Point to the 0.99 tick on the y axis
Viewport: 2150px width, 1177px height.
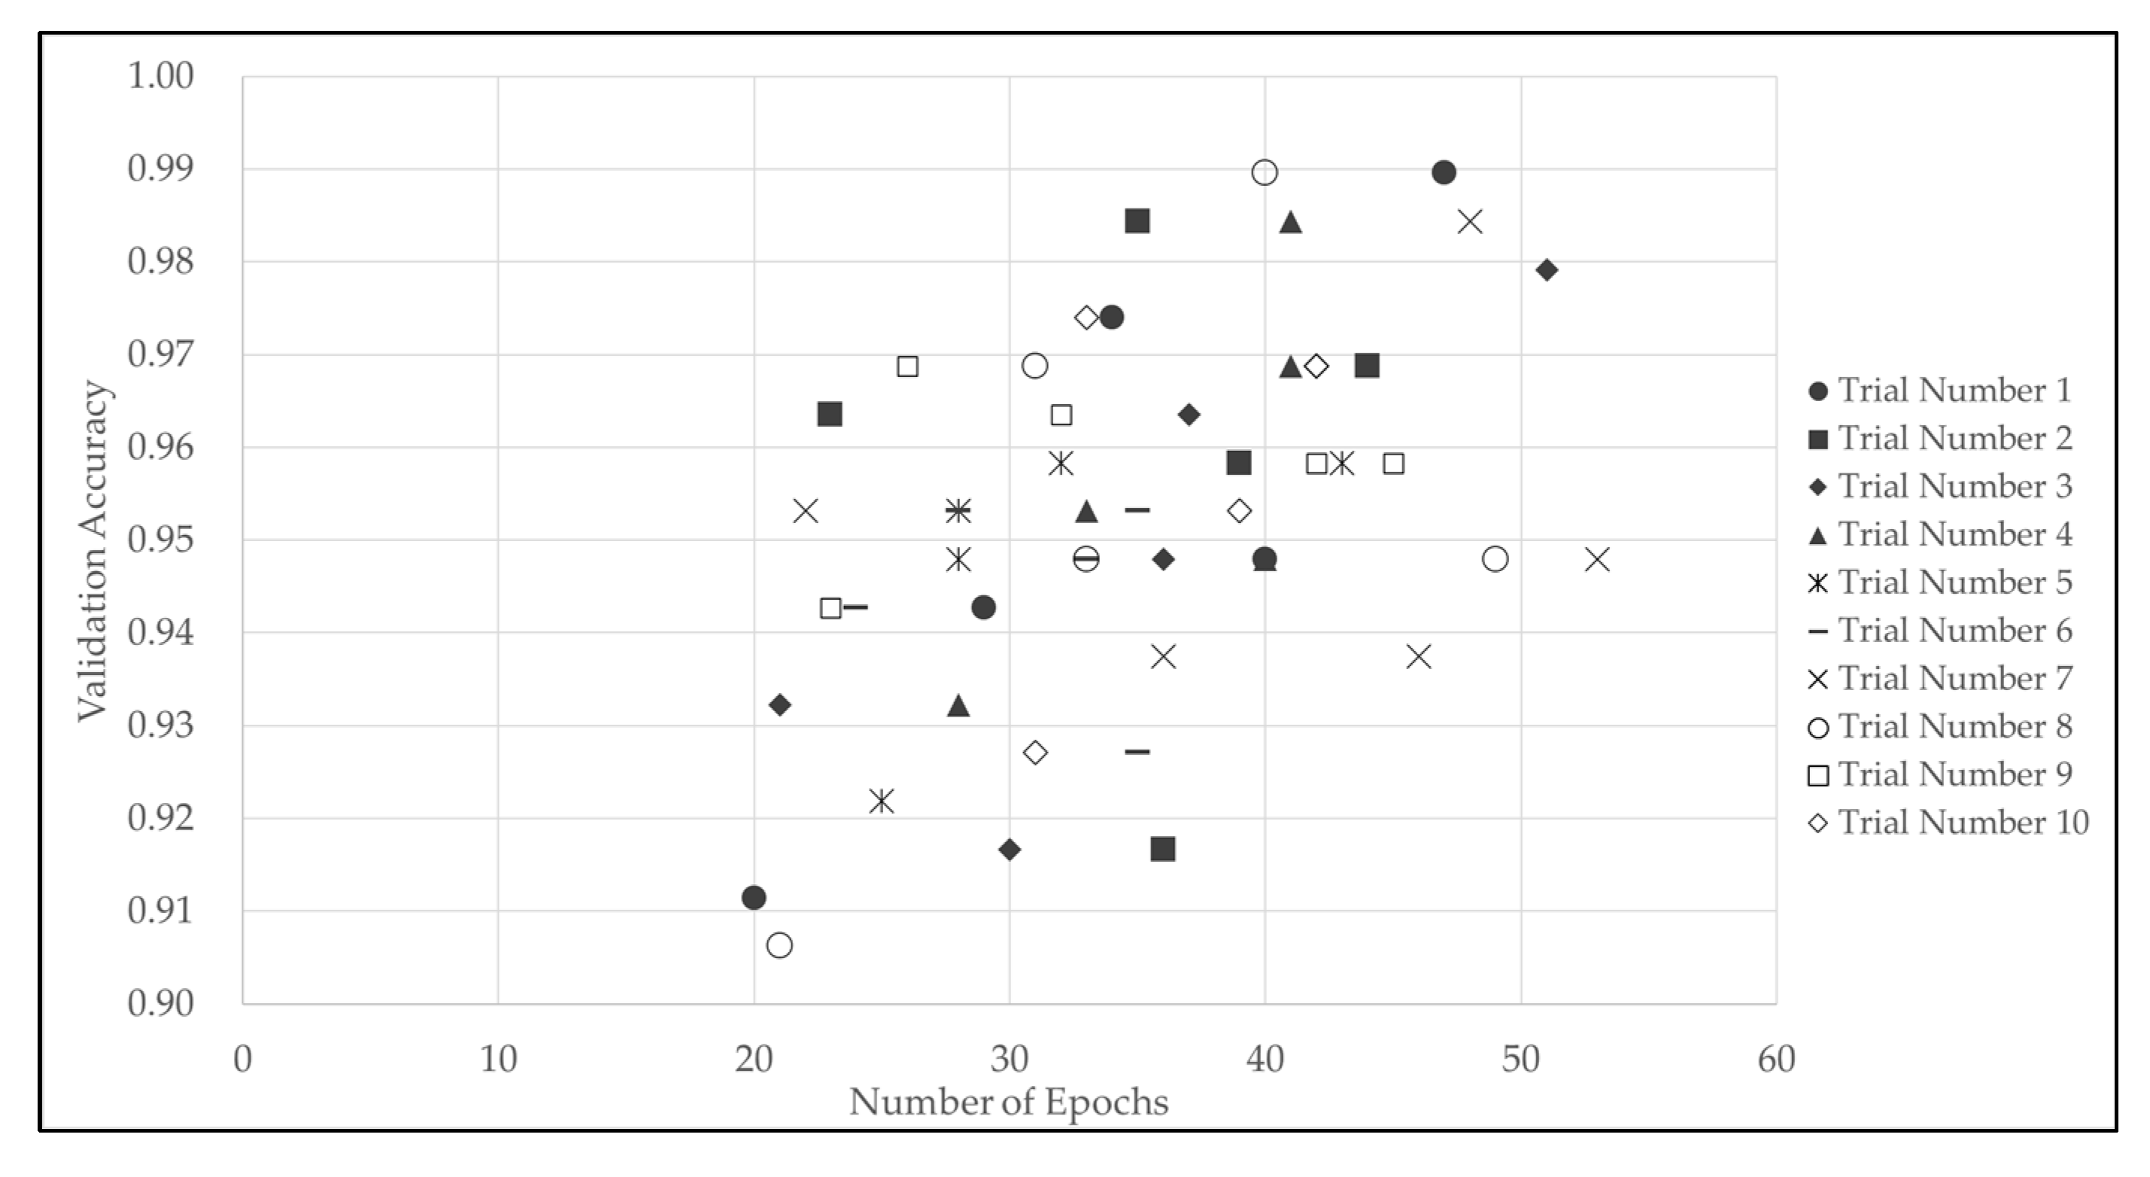160,169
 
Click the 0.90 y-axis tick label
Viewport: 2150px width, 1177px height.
160,1002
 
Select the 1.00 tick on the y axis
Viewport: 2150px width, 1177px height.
160,76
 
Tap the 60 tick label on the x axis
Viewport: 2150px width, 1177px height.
1776,1060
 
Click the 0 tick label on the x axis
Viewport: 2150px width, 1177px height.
243,1060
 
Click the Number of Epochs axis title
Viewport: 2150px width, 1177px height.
1008,1102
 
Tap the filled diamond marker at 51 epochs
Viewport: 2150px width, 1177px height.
1547,269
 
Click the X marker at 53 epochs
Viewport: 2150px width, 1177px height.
1596,559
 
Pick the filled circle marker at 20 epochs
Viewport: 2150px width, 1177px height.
754,897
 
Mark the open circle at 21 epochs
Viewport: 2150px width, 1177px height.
779,946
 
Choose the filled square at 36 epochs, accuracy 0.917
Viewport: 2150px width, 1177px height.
1162,849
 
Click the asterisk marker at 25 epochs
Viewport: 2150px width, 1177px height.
882,801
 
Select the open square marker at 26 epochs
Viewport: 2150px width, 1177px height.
907,366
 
